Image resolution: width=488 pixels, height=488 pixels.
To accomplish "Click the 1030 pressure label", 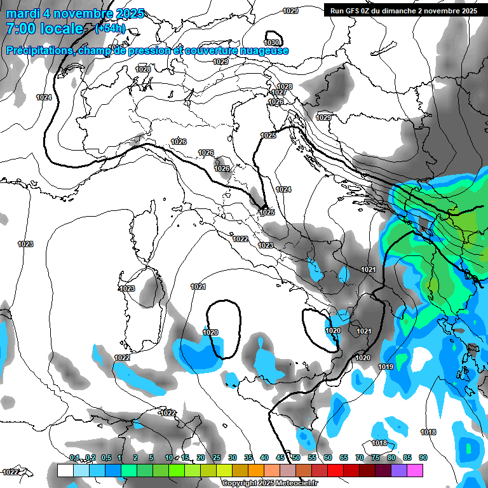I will [x=271, y=43].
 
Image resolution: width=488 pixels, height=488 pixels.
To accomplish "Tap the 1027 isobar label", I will [x=279, y=93].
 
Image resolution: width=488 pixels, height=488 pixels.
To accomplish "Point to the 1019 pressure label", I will [x=386, y=367].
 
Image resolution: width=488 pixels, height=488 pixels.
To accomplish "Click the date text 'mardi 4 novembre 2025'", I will [x=75, y=13].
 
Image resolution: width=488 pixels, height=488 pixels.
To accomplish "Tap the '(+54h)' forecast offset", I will [x=110, y=29].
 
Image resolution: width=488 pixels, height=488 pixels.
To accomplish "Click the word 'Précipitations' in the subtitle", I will [x=39, y=51].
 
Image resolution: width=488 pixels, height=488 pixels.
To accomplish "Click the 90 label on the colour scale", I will [x=423, y=458].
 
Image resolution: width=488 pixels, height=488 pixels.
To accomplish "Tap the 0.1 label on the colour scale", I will [x=74, y=458].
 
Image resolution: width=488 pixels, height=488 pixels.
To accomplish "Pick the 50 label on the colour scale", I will [x=296, y=458].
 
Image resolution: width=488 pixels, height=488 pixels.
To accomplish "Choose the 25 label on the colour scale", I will [x=217, y=458].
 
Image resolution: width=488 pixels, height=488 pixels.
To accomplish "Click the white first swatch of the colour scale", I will [x=65, y=470].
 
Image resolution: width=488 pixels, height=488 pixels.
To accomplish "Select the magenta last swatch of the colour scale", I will [x=415, y=470].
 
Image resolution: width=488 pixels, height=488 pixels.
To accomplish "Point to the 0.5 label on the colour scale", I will [x=105, y=458].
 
